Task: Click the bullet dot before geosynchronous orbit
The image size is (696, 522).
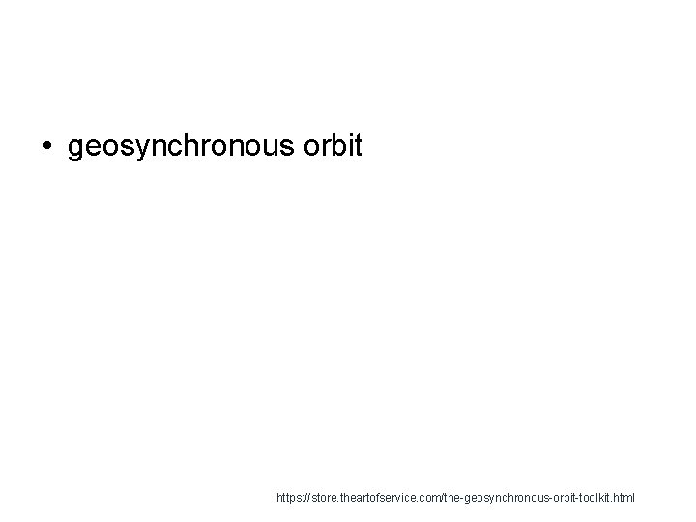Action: click(47, 147)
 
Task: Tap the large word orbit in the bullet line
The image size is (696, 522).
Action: click(333, 146)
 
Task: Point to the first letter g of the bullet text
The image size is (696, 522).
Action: click(76, 150)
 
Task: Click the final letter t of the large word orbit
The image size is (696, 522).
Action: click(357, 146)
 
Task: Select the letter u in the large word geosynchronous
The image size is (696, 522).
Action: click(273, 148)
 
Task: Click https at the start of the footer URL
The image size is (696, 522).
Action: click(288, 499)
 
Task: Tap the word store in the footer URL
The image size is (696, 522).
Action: click(323, 499)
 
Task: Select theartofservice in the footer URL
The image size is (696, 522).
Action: click(376, 499)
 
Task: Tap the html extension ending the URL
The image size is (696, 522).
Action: click(625, 499)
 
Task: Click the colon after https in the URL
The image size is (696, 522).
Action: click(302, 499)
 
